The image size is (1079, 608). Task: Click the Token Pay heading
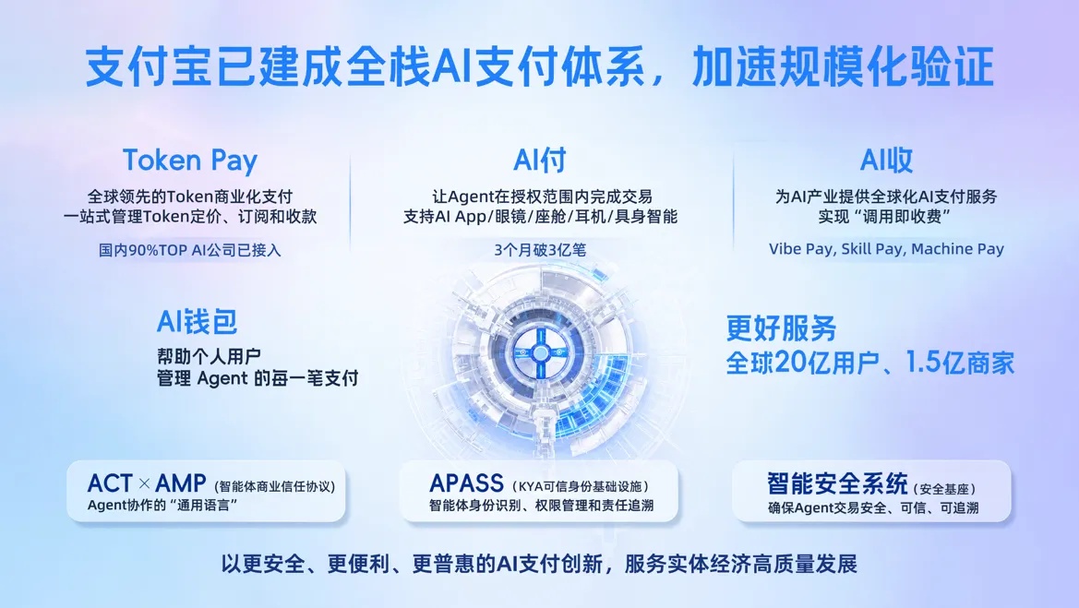(x=190, y=161)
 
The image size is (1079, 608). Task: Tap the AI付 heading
(x=539, y=161)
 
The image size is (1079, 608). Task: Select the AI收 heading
(x=886, y=161)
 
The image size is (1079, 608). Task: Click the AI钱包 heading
(x=197, y=321)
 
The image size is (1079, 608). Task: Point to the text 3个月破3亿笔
(x=540, y=250)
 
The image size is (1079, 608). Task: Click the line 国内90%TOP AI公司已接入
(x=190, y=250)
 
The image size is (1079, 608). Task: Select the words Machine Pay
(x=957, y=249)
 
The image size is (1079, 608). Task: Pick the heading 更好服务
(x=781, y=328)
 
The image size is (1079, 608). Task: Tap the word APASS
(x=466, y=483)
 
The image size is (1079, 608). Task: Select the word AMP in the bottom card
(x=180, y=483)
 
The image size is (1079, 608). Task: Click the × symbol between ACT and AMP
(x=145, y=483)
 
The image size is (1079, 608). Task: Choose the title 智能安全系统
(x=837, y=483)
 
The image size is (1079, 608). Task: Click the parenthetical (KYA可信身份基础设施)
(x=580, y=487)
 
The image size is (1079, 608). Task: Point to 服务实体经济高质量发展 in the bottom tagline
(x=740, y=565)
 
